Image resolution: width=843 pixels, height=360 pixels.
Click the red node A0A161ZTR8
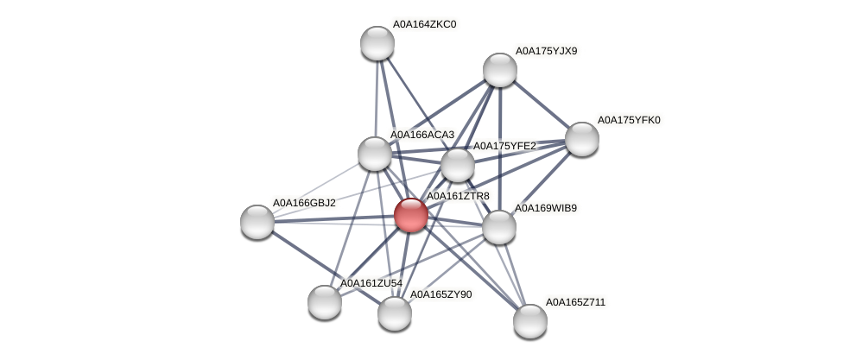coord(410,215)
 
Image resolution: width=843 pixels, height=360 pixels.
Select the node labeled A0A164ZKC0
coord(377,43)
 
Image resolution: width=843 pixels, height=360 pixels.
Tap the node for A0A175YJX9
coord(499,70)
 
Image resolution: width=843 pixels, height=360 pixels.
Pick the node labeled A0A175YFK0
coord(581,139)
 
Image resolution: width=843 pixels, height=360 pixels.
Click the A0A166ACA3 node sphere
coord(375,154)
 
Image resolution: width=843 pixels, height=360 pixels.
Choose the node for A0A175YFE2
coord(458,165)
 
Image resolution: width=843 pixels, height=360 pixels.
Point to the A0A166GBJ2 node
coord(257,222)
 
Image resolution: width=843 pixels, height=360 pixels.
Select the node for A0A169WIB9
coord(498,227)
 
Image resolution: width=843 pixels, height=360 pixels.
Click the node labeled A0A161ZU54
coord(325,302)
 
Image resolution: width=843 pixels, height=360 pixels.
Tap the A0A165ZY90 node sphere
coord(395,313)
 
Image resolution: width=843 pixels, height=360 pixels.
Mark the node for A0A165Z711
coord(530,321)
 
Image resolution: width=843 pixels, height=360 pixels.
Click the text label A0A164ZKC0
coord(424,24)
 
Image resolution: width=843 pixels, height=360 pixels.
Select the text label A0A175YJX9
coord(546,51)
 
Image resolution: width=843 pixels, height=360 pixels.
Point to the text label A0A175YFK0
coord(629,120)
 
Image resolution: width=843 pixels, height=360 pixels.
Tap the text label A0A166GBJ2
coord(304,203)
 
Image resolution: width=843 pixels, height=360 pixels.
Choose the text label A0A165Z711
coord(575,302)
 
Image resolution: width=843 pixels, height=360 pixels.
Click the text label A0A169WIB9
coord(546,208)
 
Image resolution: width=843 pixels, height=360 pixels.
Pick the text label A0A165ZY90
coord(441,294)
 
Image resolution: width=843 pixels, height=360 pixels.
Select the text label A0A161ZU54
coord(371,283)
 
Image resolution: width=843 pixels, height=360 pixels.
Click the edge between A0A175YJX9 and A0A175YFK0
coord(541,104)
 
